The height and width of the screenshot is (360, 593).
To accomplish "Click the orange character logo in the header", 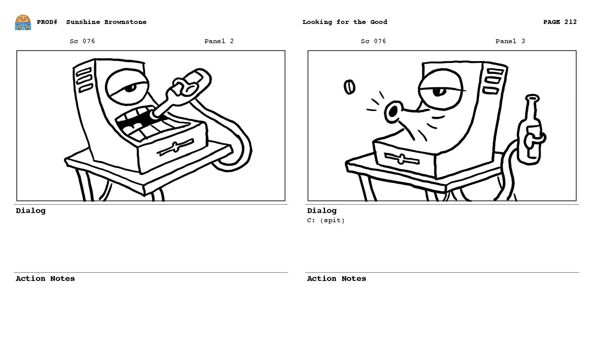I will point(23,23).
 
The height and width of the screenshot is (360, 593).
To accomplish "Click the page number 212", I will point(570,22).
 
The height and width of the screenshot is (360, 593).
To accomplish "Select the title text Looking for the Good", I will point(345,22).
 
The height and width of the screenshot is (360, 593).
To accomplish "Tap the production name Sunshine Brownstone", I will point(106,22).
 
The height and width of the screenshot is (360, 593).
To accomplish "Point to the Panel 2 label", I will point(219,41).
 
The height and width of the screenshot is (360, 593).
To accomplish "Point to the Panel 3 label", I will point(510,41).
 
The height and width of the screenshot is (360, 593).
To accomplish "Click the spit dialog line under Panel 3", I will point(326,221).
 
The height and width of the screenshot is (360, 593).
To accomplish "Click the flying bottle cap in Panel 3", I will point(349,87).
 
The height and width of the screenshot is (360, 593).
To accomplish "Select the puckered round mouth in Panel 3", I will point(393,112).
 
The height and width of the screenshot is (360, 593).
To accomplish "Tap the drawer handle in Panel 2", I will point(175,147).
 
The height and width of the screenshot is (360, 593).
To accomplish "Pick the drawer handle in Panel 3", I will point(401,159).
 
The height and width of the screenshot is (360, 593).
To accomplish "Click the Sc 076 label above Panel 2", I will point(82,41).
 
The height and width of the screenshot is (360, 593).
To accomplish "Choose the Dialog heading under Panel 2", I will point(31,211).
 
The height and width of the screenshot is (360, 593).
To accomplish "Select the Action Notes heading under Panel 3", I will point(336,279).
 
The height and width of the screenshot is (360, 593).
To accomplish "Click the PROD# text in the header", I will point(47,22).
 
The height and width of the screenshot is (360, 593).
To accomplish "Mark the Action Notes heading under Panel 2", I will point(45,279).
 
